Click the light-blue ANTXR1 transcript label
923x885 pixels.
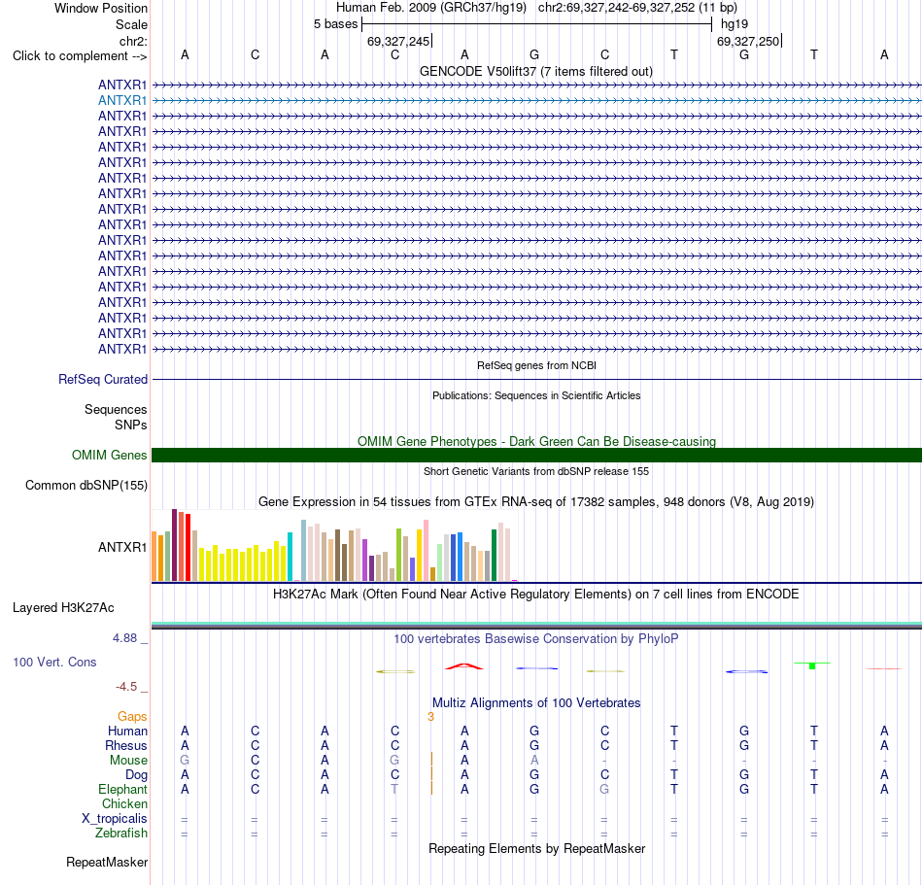pyautogui.click(x=122, y=101)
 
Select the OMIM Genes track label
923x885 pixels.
pyautogui.click(x=110, y=455)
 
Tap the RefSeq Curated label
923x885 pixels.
pyautogui.click(x=103, y=380)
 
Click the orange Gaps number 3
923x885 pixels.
pyautogui.click(x=430, y=717)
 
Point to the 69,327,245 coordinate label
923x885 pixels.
pyautogui.click(x=398, y=41)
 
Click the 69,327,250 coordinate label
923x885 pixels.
pyautogui.click(x=748, y=41)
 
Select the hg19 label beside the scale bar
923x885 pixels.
pyautogui.click(x=735, y=24)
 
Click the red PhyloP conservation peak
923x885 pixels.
pyautogui.click(x=464, y=666)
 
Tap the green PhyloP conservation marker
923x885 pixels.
pyautogui.click(x=812, y=665)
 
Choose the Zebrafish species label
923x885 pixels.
pyautogui.click(x=121, y=834)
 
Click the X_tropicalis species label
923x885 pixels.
pyautogui.click(x=115, y=819)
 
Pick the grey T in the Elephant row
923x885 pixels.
pyautogui.click(x=394, y=789)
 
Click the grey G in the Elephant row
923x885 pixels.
pyautogui.click(x=604, y=789)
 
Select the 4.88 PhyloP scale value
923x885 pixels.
pyautogui.click(x=124, y=638)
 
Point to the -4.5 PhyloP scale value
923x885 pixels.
pyautogui.click(x=126, y=687)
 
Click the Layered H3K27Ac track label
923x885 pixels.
pyautogui.click(x=63, y=608)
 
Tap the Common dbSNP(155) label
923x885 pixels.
pyautogui.click(x=86, y=486)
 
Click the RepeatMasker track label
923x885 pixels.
pyautogui.click(x=107, y=862)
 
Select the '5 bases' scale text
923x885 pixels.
pyautogui.click(x=335, y=24)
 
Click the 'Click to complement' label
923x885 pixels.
pyautogui.click(x=80, y=56)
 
